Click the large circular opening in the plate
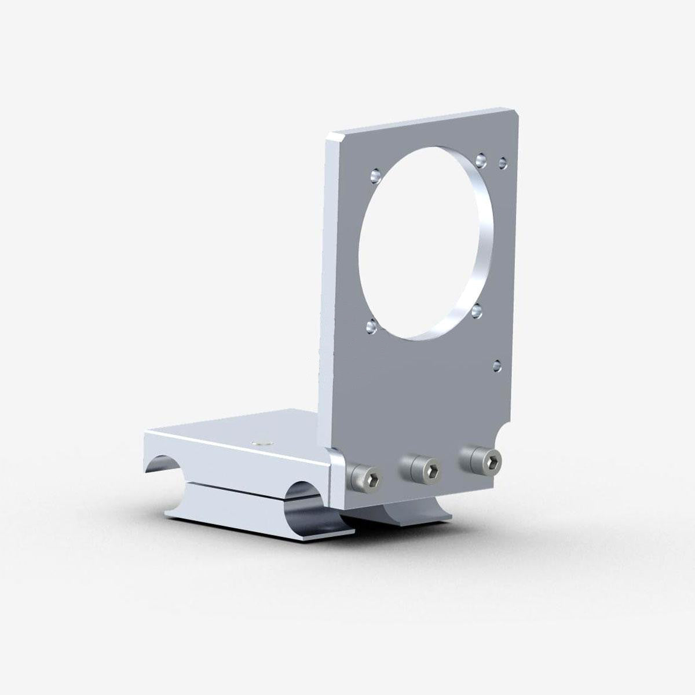click(x=420, y=243)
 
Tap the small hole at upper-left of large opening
click(x=374, y=173)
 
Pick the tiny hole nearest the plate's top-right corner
click(x=503, y=160)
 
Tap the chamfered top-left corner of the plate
click(x=334, y=137)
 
